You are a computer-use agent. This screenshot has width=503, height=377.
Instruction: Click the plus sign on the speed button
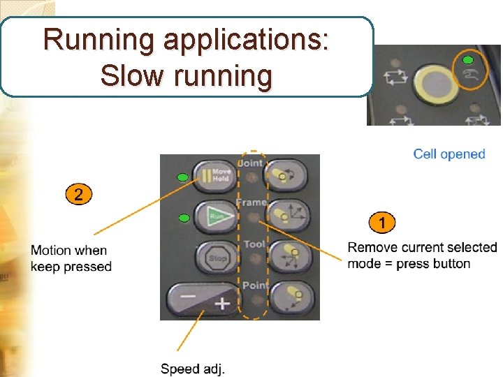point(221,303)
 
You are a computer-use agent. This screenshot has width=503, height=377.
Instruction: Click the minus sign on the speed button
point(187,296)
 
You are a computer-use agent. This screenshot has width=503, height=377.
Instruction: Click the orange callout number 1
point(381,223)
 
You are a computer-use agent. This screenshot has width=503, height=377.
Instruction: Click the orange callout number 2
point(78,195)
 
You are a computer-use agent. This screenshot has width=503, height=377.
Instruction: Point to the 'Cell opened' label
point(449,154)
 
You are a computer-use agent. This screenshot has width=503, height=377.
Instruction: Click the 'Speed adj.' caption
point(193,368)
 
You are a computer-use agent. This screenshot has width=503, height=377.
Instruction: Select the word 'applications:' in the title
point(246,40)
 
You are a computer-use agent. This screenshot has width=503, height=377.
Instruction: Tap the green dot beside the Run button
point(183,218)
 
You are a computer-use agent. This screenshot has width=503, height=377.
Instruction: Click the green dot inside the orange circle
point(469,61)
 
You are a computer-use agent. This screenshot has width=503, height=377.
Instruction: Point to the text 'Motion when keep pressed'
point(71,258)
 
